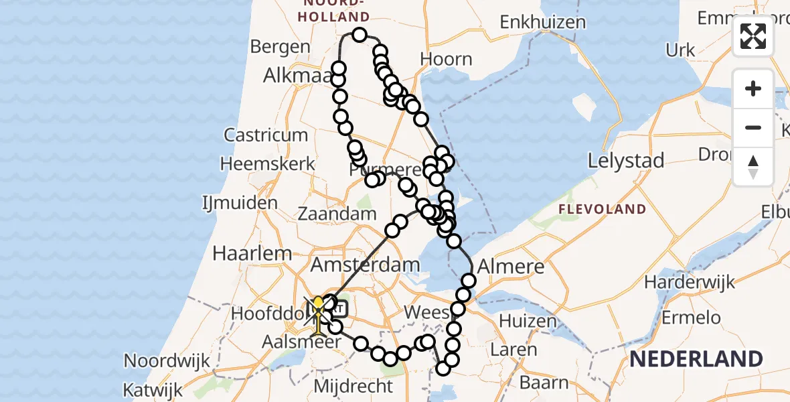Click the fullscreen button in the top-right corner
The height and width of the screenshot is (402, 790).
(x=753, y=36)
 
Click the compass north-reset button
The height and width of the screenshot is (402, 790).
(x=753, y=166)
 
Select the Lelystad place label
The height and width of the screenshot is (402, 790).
(x=625, y=161)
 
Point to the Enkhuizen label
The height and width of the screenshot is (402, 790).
(x=543, y=22)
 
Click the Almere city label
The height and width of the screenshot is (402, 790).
(x=511, y=266)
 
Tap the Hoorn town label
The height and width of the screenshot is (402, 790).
(x=447, y=59)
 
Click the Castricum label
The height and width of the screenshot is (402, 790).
(x=266, y=135)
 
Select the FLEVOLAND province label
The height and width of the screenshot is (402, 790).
(x=603, y=209)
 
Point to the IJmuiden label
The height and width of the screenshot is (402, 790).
(x=240, y=202)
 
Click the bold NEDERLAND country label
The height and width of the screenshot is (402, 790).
(x=696, y=359)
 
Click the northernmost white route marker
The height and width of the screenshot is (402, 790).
(x=360, y=35)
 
